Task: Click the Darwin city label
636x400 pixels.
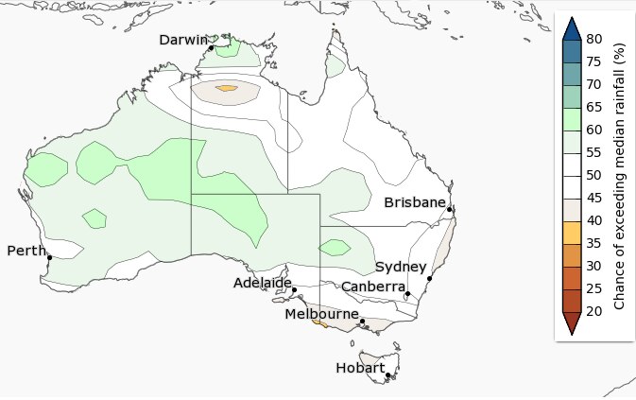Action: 183,40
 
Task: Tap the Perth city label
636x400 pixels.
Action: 26,251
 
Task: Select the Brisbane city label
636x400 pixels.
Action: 414,202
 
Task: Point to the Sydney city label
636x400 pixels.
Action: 401,268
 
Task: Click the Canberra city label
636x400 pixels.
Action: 373,287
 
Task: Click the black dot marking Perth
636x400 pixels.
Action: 49,257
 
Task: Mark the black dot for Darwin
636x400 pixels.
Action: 212,47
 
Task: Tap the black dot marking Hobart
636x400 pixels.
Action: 388,375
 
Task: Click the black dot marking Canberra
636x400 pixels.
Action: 407,294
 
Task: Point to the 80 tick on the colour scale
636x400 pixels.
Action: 594,39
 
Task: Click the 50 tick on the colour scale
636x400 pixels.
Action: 594,176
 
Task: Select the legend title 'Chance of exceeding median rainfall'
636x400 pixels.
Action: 621,176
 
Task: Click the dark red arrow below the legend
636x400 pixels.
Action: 570,322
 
